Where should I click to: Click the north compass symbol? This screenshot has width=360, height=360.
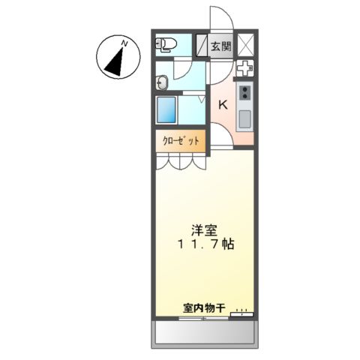(116, 58)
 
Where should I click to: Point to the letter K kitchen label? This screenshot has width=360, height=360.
(223, 105)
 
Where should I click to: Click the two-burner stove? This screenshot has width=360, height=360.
(244, 93)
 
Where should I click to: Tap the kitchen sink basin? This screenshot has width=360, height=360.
(244, 118)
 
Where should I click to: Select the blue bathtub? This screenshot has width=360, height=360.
(167, 111)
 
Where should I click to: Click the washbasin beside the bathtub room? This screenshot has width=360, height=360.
(163, 79)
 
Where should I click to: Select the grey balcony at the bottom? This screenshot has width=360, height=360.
(205, 331)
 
